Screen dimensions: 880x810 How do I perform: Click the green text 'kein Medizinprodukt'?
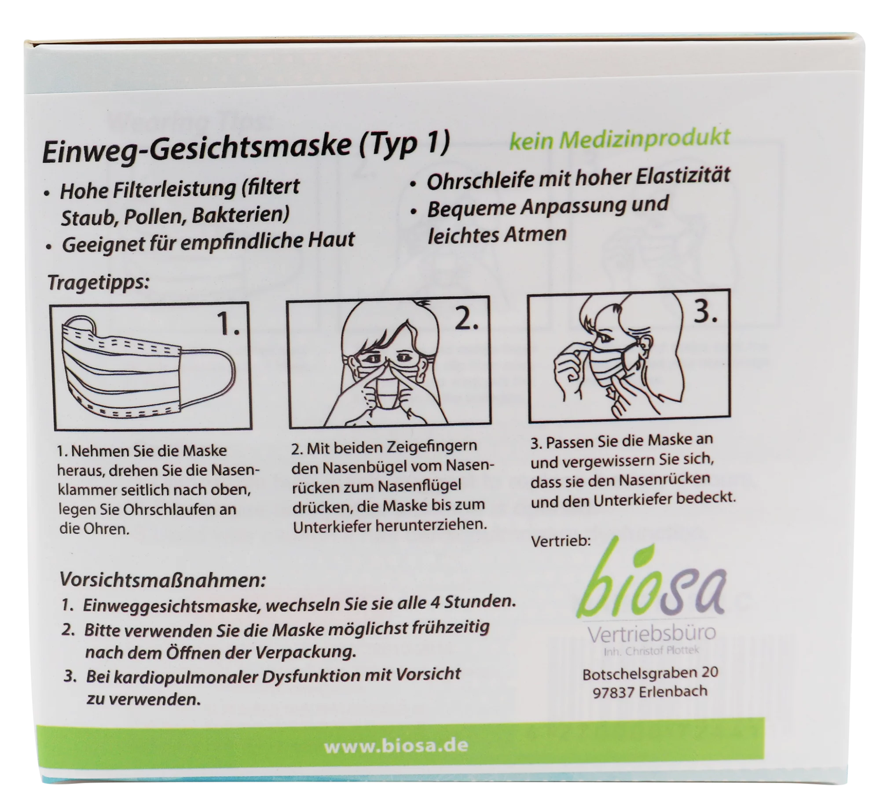click(620, 139)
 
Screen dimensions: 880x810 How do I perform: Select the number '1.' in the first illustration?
click(229, 324)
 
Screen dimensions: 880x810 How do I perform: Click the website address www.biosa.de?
click(396, 746)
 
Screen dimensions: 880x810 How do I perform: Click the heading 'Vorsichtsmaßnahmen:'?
click(163, 580)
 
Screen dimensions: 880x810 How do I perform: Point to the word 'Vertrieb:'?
click(561, 541)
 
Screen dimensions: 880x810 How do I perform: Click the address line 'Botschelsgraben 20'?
click(650, 673)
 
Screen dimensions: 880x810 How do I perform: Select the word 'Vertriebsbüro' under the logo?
click(652, 634)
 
